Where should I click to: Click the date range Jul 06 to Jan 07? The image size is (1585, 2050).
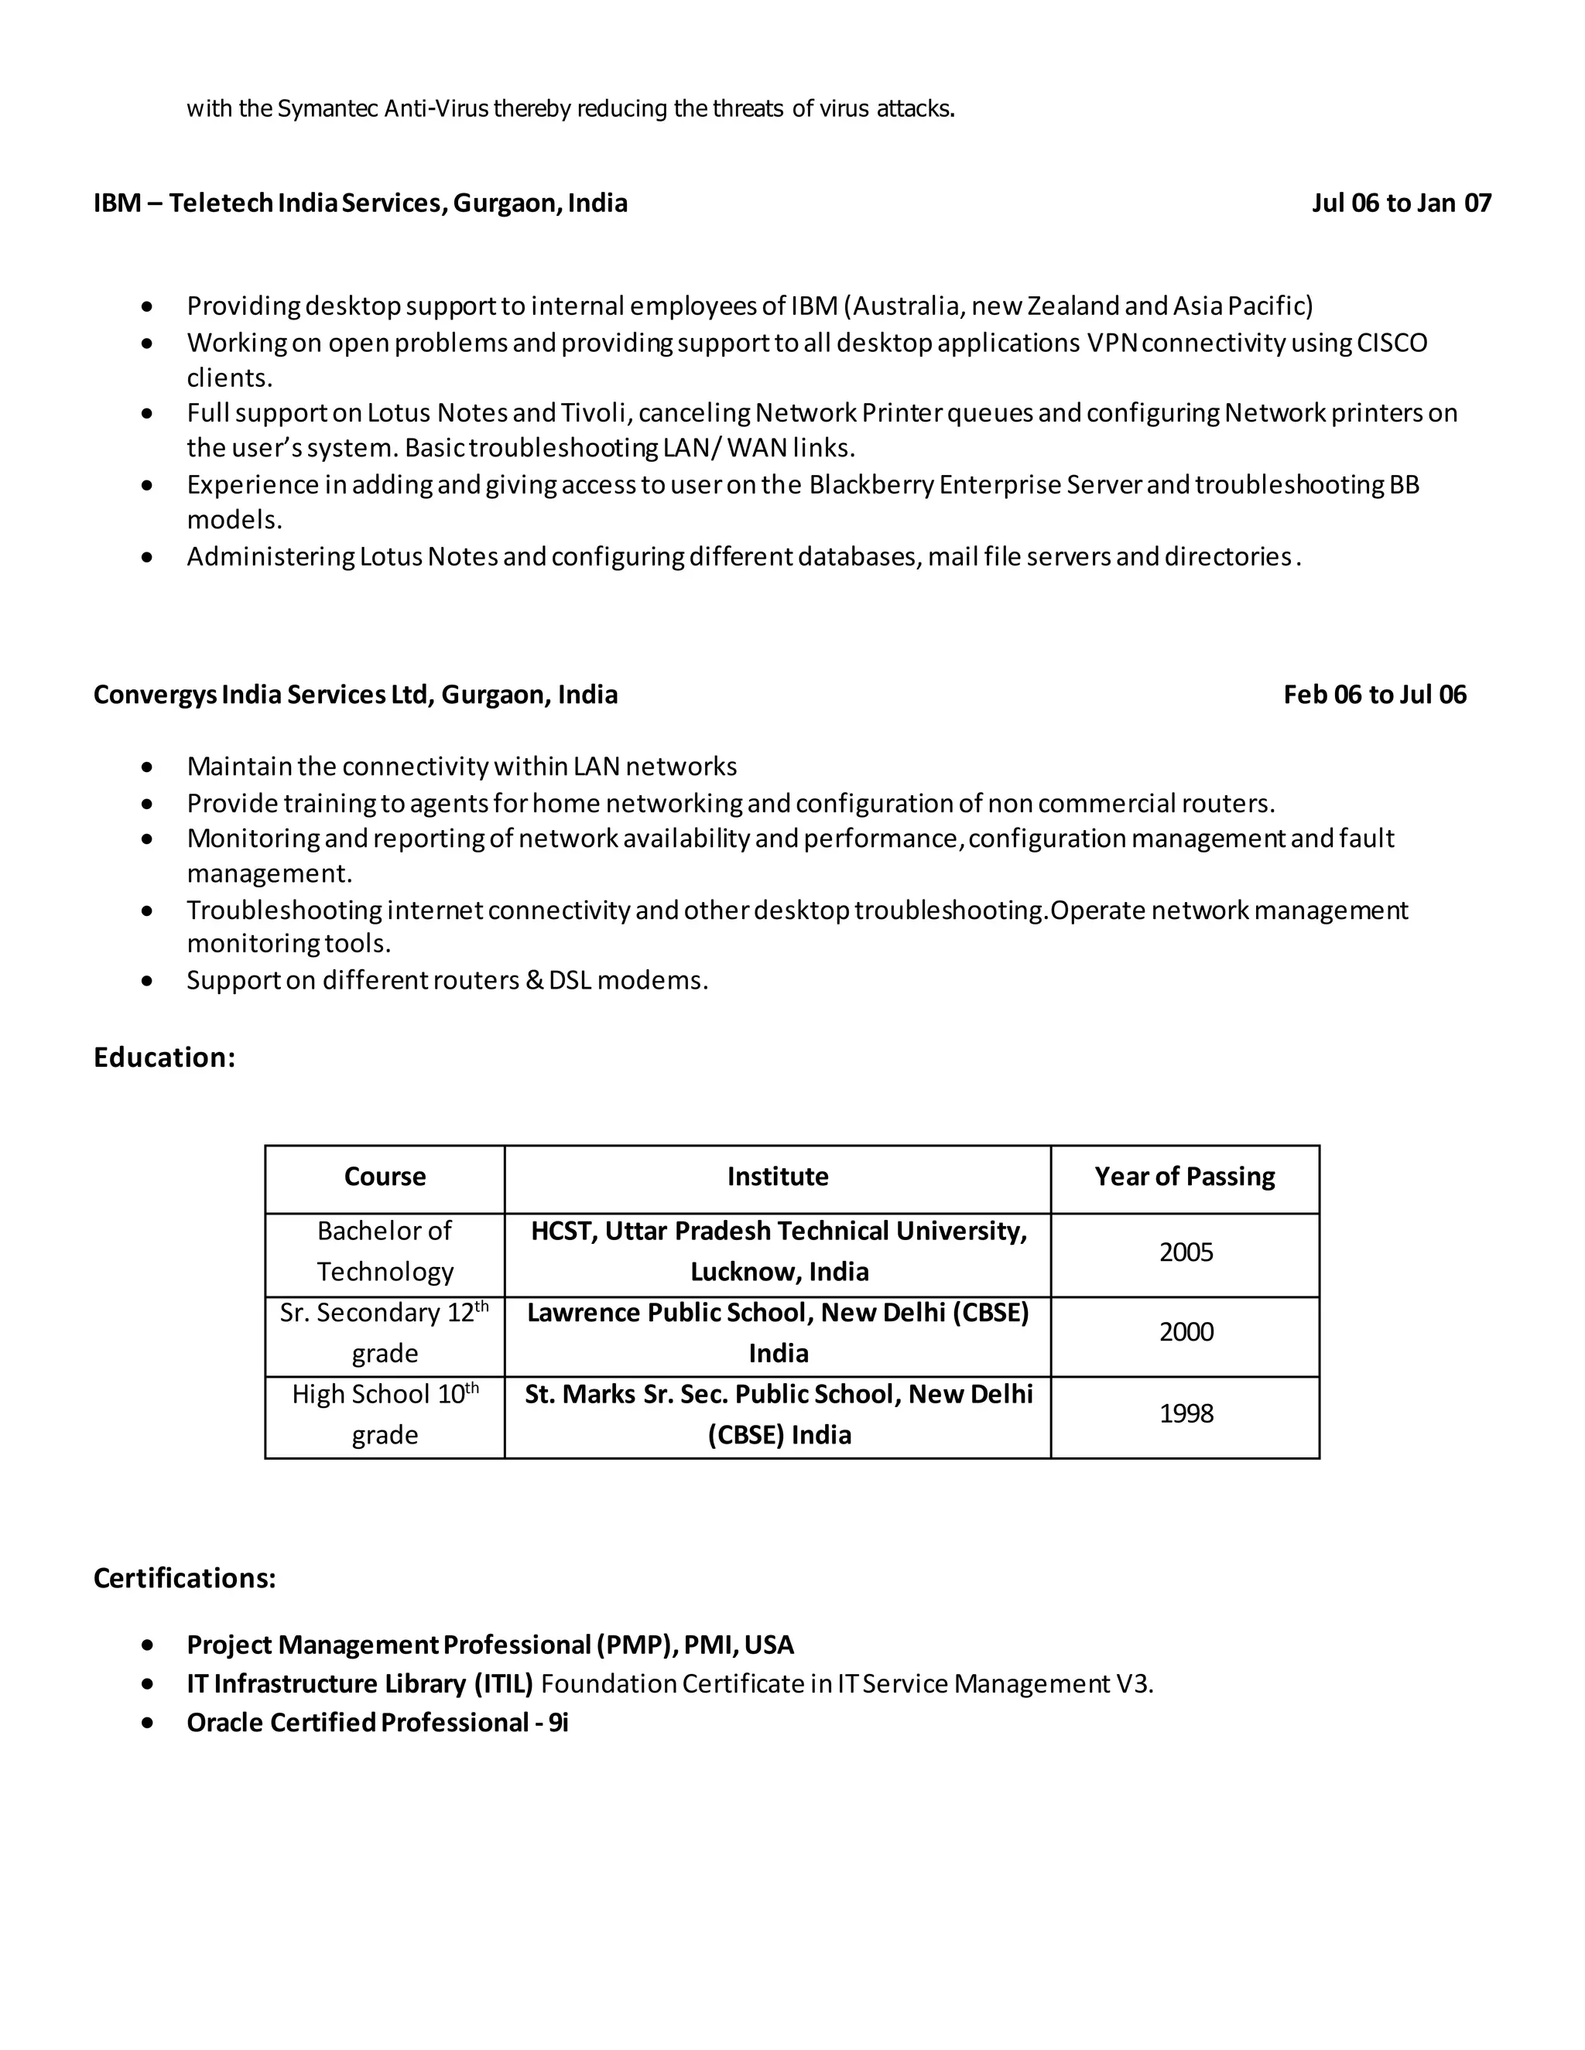pyautogui.click(x=1401, y=203)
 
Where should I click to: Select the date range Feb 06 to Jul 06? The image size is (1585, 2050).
pyautogui.click(x=1374, y=695)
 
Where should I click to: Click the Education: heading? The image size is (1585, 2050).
pyautogui.click(x=164, y=1057)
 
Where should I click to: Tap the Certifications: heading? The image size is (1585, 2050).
pyautogui.click(x=185, y=1578)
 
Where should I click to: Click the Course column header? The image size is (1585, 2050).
pyautogui.click(x=385, y=1177)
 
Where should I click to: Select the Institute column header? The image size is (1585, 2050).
pyautogui.click(x=778, y=1177)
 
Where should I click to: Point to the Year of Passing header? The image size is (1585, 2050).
pyautogui.click(x=1184, y=1177)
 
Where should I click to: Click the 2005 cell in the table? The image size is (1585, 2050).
pyautogui.click(x=1186, y=1252)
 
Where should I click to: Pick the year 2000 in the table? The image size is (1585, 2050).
pyautogui.click(x=1186, y=1332)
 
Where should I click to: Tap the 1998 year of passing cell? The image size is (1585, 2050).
pyautogui.click(x=1186, y=1413)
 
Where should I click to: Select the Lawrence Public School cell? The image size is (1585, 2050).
pyautogui.click(x=778, y=1333)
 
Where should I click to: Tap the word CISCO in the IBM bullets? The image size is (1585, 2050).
pyautogui.click(x=1392, y=343)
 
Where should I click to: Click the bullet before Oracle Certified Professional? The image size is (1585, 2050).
pyautogui.click(x=147, y=1723)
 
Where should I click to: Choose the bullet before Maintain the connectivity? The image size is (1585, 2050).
pyautogui.click(x=147, y=768)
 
